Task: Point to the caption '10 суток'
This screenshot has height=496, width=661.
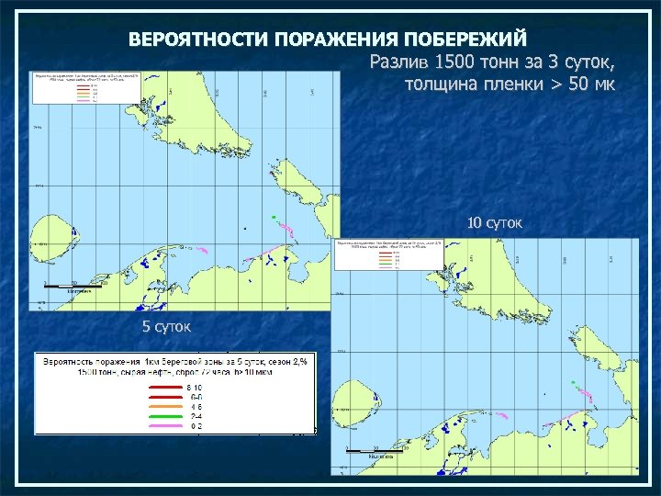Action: point(494,222)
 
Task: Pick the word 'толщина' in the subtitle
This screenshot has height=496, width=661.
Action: point(441,85)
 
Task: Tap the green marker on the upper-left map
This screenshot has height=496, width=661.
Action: point(274,218)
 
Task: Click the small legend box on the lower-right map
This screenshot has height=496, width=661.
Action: point(389,254)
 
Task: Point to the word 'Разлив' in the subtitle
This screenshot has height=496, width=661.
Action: point(398,62)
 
